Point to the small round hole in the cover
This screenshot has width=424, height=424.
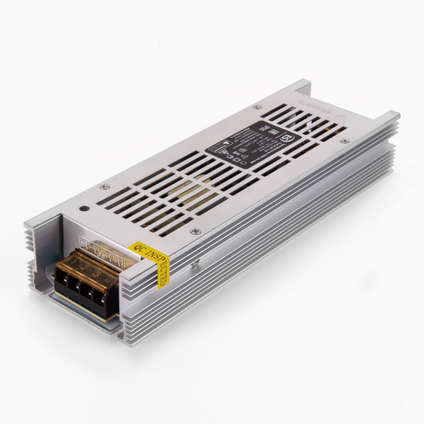(85, 208)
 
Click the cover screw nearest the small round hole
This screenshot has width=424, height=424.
(105, 186)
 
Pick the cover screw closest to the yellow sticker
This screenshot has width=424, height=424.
(196, 231)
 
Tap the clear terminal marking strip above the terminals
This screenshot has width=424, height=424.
(99, 247)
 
